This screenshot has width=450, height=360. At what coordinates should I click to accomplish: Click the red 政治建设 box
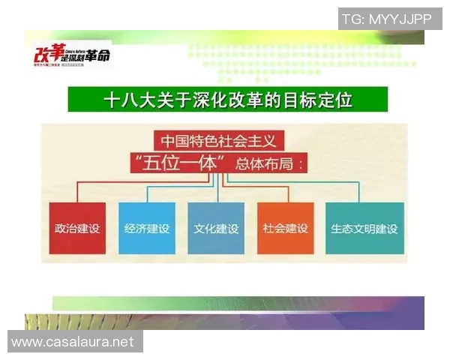click(x=77, y=228)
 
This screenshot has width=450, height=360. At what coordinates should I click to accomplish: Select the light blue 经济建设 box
click(x=146, y=228)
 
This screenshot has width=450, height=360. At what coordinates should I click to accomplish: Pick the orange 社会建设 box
click(x=285, y=228)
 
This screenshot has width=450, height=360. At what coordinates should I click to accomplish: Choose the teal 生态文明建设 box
click(x=364, y=228)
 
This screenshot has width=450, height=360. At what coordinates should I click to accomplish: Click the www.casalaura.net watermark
click(x=73, y=342)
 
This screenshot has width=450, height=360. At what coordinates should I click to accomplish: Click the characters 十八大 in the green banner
click(x=124, y=98)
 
